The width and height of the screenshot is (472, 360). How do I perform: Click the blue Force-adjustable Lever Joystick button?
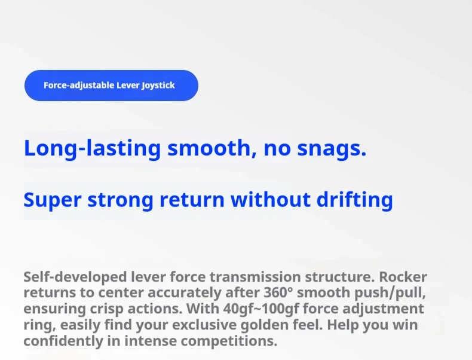pyautogui.click(x=111, y=86)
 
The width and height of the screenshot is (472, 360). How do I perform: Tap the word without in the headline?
pyautogui.click(x=271, y=199)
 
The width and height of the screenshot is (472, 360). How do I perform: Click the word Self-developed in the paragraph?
pyautogui.click(x=75, y=277)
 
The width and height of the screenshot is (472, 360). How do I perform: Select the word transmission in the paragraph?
pyautogui.click(x=255, y=277)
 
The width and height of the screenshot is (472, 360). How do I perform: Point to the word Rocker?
pyautogui.click(x=403, y=277)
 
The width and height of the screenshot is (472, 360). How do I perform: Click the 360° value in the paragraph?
pyautogui.click(x=278, y=292)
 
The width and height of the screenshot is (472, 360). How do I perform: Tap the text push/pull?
pyautogui.click(x=390, y=293)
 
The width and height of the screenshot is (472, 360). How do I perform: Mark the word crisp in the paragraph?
pyautogui.click(x=106, y=309)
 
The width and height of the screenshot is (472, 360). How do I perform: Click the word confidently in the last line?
pyautogui.click(x=63, y=341)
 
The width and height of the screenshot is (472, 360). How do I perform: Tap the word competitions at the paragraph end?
pyautogui.click(x=229, y=341)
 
